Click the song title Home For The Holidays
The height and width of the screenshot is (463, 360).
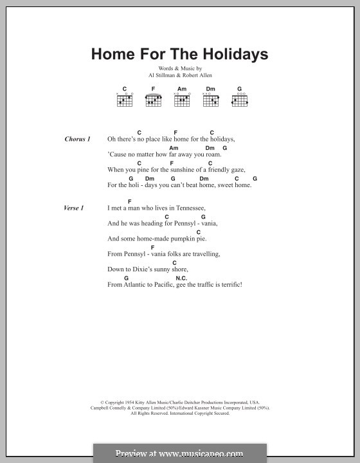pyautogui.click(x=179, y=54)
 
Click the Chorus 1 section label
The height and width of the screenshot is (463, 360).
pyautogui.click(x=78, y=139)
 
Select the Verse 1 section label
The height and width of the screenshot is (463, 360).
pyautogui.click(x=74, y=208)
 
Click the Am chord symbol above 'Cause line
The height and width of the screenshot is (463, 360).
pyautogui.click(x=174, y=148)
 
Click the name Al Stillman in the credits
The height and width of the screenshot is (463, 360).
pyautogui.click(x=161, y=75)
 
